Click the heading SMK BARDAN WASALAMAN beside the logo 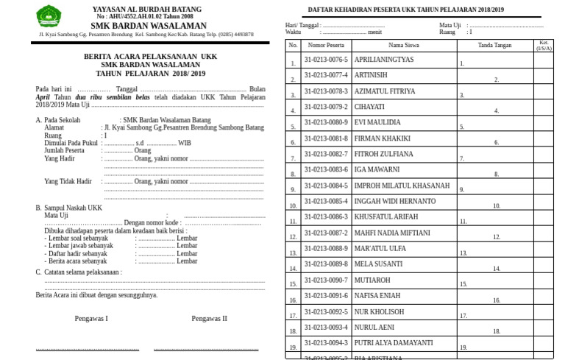[x=148, y=25]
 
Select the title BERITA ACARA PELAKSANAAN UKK [x=150, y=56]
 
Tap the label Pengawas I [x=91, y=318]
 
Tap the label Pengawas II [x=209, y=318]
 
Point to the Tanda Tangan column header [x=494, y=45]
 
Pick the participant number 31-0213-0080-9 [x=326, y=122]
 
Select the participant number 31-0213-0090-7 [x=326, y=280]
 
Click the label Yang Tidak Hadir [x=68, y=181]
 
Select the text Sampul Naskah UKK [x=73, y=208]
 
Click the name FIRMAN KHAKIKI [x=382, y=138]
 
